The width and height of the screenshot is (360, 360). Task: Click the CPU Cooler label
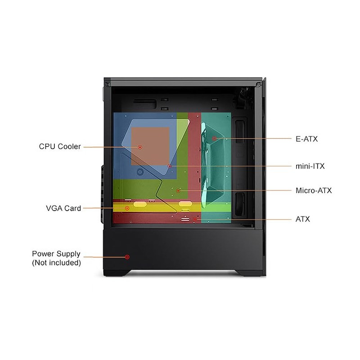pyautogui.click(x=60, y=147)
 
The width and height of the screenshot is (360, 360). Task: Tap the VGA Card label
pyautogui.click(x=63, y=208)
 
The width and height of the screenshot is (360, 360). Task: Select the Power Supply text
pyautogui.click(x=56, y=254)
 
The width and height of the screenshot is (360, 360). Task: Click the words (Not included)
pyautogui.click(x=56, y=262)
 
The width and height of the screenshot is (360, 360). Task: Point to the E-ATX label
pyautogui.click(x=307, y=139)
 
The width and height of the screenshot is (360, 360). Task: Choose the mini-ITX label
pyautogui.click(x=310, y=166)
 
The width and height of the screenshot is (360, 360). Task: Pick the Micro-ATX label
pyautogui.click(x=314, y=191)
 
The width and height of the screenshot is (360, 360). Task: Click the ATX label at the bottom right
pyautogui.click(x=302, y=220)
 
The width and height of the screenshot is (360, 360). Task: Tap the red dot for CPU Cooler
pyautogui.click(x=140, y=147)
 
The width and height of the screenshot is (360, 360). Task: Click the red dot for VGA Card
pyautogui.click(x=127, y=208)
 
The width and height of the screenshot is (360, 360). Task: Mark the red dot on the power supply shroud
pyautogui.click(x=127, y=257)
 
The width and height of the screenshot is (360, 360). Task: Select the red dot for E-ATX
pyautogui.click(x=215, y=138)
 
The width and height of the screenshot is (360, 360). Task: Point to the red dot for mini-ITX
pyautogui.click(x=170, y=166)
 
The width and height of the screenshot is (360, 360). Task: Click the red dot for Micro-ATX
pyautogui.click(x=178, y=191)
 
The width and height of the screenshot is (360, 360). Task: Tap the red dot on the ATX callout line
pyautogui.click(x=195, y=220)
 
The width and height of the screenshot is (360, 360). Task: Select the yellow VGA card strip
pyautogui.click(x=157, y=207)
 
